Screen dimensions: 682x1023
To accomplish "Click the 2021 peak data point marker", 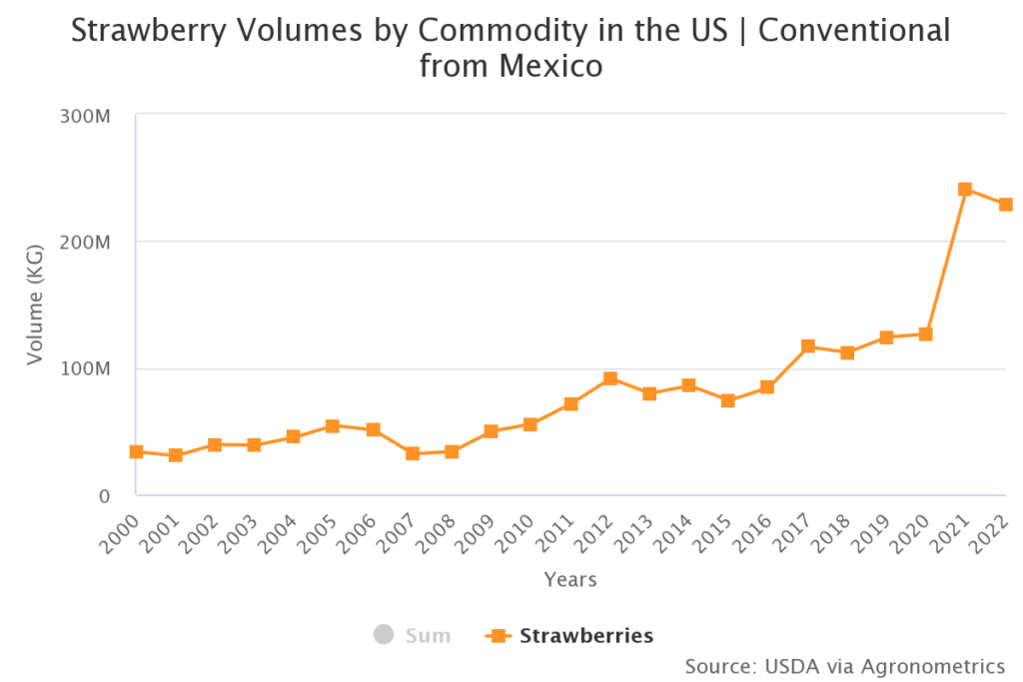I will tap(965, 189).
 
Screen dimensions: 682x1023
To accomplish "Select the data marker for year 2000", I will tap(136, 451).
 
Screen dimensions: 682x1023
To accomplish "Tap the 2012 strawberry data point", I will tap(610, 378).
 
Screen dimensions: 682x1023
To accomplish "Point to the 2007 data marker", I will tap(413, 453).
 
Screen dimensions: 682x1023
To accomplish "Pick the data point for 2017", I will tap(808, 346).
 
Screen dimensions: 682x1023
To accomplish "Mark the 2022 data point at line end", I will tap(1005, 205).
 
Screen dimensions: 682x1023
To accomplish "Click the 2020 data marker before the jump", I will tap(926, 334).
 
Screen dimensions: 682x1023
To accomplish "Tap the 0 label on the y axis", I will tap(103, 495).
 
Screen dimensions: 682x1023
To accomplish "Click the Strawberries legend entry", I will tap(585, 635).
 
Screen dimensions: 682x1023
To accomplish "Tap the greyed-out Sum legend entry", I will tap(427, 635).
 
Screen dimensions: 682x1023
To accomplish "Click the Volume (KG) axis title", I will tap(36, 305).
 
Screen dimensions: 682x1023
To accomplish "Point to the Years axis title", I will tap(570, 579).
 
